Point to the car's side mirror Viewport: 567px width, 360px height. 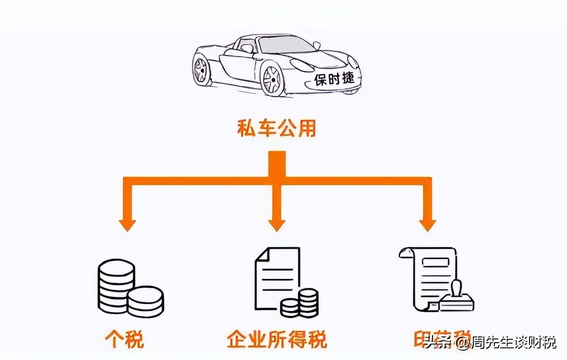pos(317,45)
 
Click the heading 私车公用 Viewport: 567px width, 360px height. pos(276,129)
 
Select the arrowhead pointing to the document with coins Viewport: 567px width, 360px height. pos(276,223)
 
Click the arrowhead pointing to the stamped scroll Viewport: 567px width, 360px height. pos(427,223)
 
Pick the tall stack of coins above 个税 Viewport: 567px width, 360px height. pos(116,286)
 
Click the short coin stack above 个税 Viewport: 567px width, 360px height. pos(146,301)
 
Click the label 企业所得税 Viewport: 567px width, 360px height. pos(276,339)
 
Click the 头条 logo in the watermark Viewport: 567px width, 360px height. pos(435,343)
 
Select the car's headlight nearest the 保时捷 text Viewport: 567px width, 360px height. pos(302,65)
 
